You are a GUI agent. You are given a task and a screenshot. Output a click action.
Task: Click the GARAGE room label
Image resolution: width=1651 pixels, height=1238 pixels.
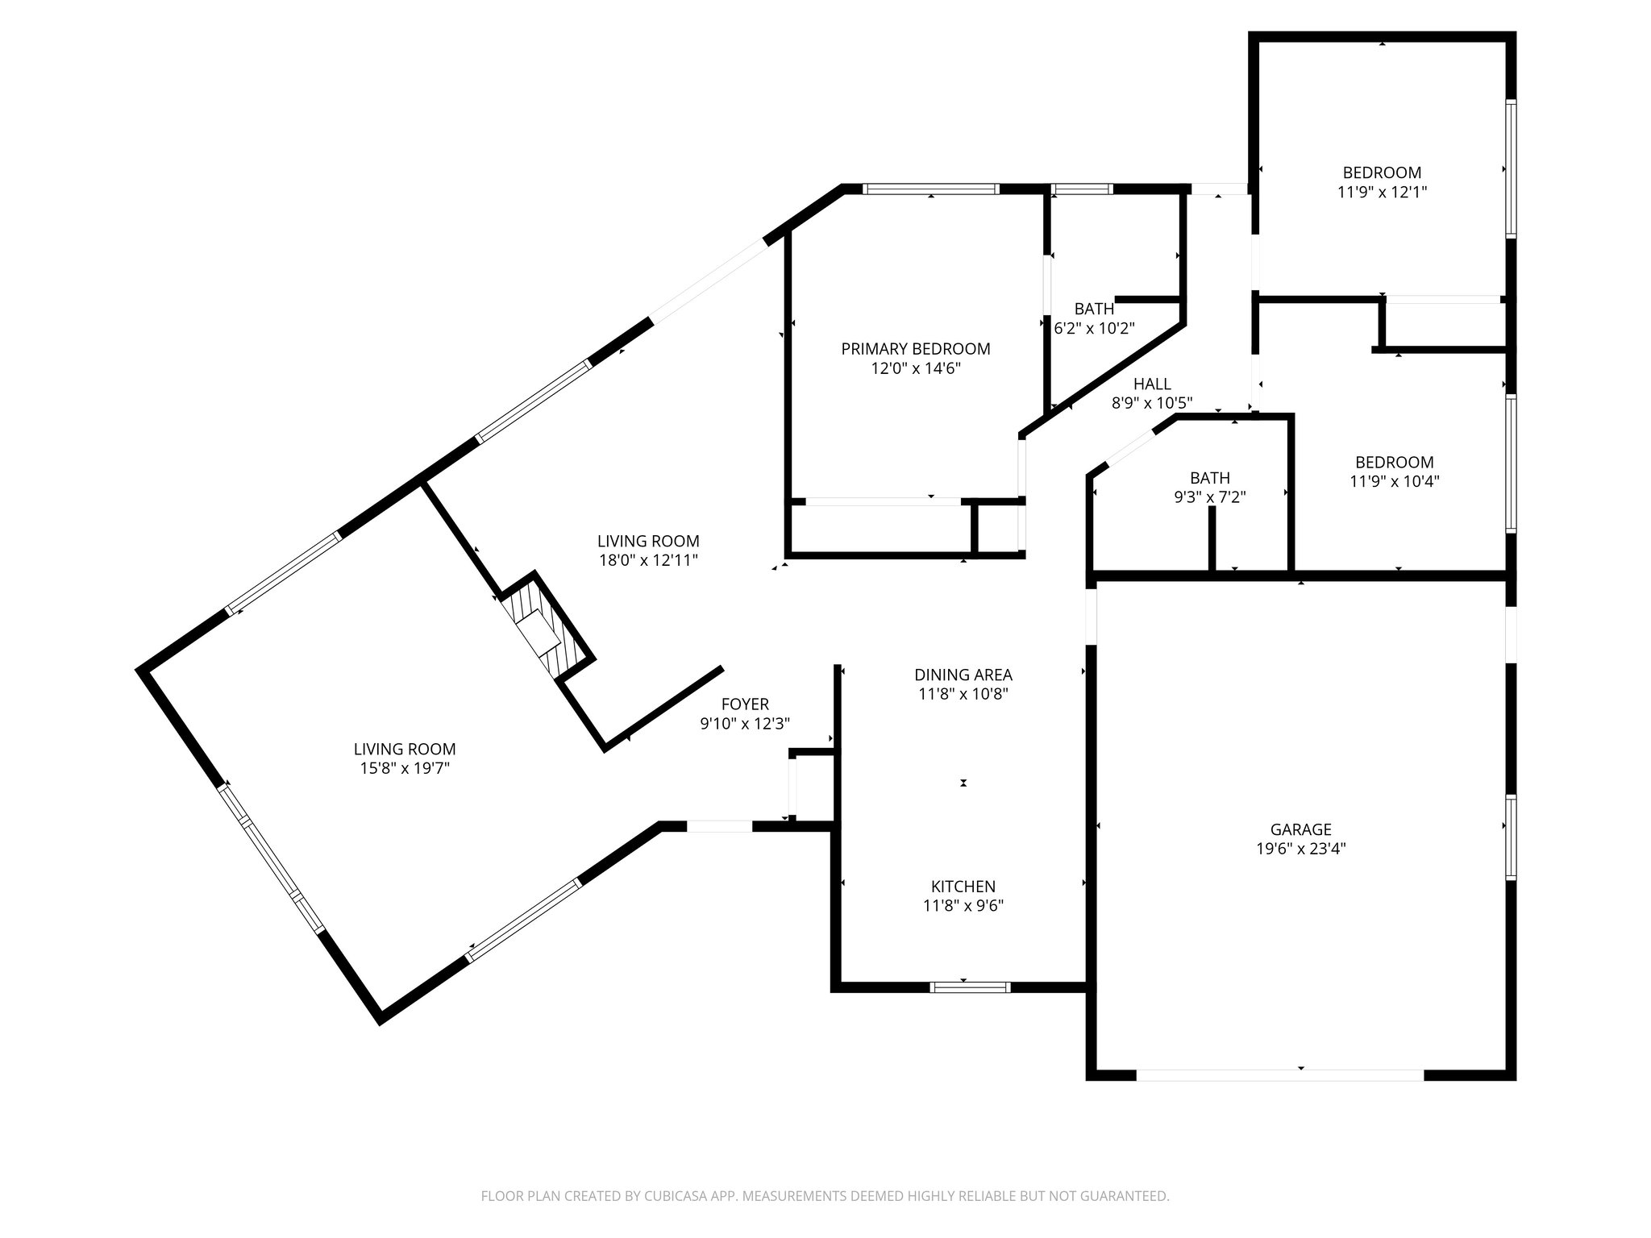[1300, 829]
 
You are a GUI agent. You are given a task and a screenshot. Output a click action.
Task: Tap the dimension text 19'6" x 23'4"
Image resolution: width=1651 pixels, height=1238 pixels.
[1300, 849]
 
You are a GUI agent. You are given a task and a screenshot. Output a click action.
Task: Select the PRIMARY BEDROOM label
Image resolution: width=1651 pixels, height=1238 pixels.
[915, 349]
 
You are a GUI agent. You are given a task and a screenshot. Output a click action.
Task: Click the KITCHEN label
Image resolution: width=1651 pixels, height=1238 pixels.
[963, 887]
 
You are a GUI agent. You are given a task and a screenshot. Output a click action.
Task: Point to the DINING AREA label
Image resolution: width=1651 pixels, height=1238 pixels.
[963, 675]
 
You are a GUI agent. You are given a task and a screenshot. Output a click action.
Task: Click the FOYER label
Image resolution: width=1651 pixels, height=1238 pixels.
[745, 704]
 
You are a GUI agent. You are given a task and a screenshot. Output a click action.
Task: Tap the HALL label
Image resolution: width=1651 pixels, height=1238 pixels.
[1152, 384]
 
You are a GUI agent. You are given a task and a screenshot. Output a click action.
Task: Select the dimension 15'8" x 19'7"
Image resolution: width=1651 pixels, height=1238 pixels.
[404, 769]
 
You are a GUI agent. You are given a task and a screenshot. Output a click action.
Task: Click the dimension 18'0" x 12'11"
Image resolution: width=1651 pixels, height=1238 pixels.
[648, 560]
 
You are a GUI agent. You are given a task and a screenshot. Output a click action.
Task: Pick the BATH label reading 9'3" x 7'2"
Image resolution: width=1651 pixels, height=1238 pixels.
[1210, 478]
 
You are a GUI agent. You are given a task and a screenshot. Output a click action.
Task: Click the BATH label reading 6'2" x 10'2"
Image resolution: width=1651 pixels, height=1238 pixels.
[1094, 309]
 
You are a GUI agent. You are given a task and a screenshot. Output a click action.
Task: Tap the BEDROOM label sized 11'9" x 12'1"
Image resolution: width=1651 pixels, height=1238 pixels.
[1382, 172]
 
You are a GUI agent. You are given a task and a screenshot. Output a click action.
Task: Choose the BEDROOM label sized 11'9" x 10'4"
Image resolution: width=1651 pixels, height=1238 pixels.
[1394, 463]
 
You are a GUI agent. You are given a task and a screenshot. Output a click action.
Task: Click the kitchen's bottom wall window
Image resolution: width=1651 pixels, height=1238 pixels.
[969, 987]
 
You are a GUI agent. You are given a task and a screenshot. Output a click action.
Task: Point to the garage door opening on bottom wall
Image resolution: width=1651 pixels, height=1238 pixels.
[1279, 1074]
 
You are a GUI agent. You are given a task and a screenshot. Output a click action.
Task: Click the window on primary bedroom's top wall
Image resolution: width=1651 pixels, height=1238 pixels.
[930, 189]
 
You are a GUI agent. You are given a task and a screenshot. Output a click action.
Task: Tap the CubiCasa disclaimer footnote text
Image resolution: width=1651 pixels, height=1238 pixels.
[825, 1196]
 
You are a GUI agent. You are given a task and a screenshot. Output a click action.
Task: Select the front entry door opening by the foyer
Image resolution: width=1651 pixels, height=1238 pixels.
[718, 826]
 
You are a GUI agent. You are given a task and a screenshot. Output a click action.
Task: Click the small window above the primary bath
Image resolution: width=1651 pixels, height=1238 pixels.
[1082, 189]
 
